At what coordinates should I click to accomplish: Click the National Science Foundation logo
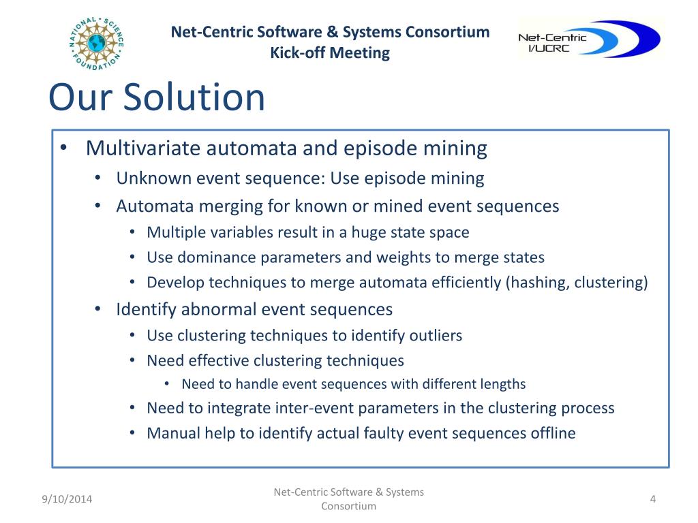coord(96,43)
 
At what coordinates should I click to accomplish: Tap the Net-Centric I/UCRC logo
coord(588,39)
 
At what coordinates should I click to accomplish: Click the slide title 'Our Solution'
coord(156,97)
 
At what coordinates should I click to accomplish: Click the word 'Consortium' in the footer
coord(348,507)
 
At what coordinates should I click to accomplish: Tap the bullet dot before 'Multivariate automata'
coord(63,149)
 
